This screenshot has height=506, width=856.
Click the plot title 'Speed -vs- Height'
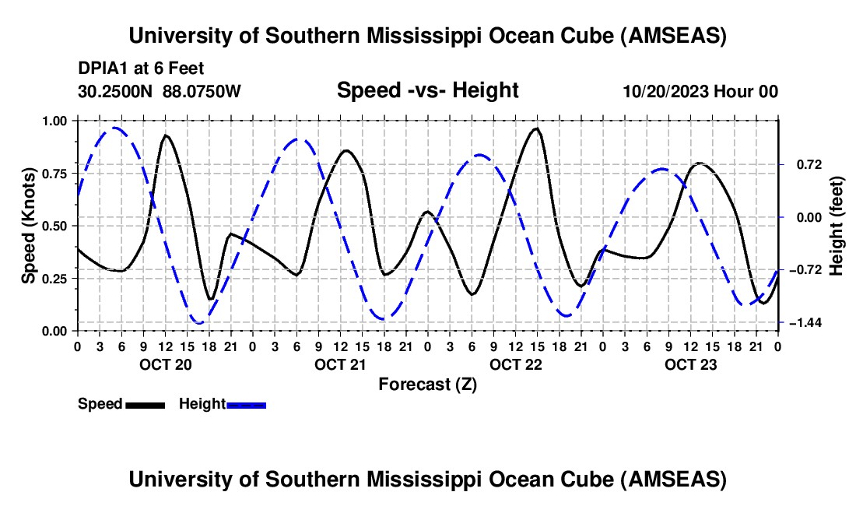(x=427, y=91)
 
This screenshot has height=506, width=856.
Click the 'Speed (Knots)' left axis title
(x=28, y=225)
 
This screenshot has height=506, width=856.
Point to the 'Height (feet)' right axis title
(x=837, y=225)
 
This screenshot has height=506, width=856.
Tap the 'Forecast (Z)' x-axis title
(x=427, y=384)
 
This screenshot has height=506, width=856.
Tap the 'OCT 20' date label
(x=165, y=364)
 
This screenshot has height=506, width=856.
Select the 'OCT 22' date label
(x=515, y=364)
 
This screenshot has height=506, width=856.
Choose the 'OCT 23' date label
(x=690, y=364)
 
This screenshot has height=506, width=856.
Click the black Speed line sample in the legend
(x=145, y=404)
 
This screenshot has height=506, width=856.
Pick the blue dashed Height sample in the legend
(x=247, y=404)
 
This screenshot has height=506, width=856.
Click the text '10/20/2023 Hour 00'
(x=700, y=92)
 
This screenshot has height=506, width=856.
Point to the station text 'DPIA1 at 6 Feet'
(x=141, y=69)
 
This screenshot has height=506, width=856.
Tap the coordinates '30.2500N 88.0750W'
(x=160, y=92)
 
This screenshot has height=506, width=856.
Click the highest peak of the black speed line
(x=536, y=128)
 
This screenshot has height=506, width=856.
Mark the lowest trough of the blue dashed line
(x=199, y=322)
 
